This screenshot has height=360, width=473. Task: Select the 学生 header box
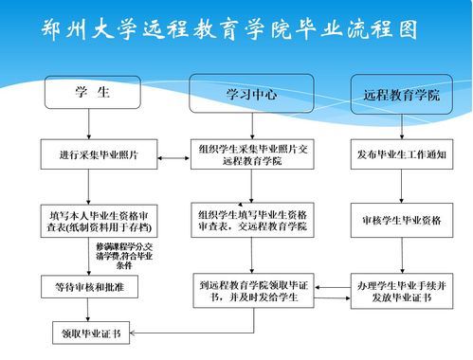(92, 94)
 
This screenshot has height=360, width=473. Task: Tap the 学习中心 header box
(251, 94)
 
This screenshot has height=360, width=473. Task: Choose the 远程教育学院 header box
(402, 95)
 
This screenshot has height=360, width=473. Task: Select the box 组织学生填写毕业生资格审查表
(253, 219)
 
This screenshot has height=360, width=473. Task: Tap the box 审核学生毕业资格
(402, 220)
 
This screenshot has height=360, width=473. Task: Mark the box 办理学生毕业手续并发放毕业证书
(402, 290)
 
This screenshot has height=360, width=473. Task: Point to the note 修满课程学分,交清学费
(124, 254)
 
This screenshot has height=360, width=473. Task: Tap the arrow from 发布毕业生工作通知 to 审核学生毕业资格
(402, 187)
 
